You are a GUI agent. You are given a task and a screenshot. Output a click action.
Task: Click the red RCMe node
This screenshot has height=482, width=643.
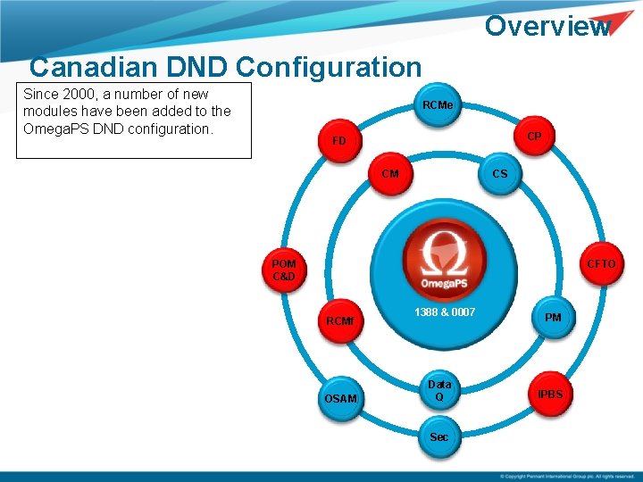[x=438, y=105]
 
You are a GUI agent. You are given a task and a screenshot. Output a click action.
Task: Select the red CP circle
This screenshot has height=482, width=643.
[x=534, y=136]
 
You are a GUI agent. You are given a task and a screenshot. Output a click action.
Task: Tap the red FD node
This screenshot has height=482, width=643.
[x=338, y=141]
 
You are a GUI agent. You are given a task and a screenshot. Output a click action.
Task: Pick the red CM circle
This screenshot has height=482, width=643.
[x=389, y=174]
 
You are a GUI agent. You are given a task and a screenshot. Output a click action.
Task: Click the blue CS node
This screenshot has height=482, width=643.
[x=499, y=173]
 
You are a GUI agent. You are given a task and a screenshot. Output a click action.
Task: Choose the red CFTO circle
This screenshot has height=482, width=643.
[x=600, y=264]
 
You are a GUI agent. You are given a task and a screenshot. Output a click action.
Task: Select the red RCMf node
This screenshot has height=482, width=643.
[x=339, y=320]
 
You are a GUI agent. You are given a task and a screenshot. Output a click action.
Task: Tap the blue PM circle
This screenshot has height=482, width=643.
[x=553, y=318]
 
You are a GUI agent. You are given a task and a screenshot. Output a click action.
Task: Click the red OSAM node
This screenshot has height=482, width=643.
[x=340, y=397]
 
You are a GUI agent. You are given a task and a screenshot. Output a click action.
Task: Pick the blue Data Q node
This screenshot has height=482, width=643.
[x=439, y=390]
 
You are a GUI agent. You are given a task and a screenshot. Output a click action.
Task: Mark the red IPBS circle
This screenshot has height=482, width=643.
[x=550, y=394]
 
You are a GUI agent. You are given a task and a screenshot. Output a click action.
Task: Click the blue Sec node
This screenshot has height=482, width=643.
[x=439, y=436]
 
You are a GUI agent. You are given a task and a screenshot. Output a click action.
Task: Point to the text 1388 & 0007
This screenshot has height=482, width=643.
[x=444, y=312]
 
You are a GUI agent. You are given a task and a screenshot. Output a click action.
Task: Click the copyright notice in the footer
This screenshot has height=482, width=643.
[x=567, y=477]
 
